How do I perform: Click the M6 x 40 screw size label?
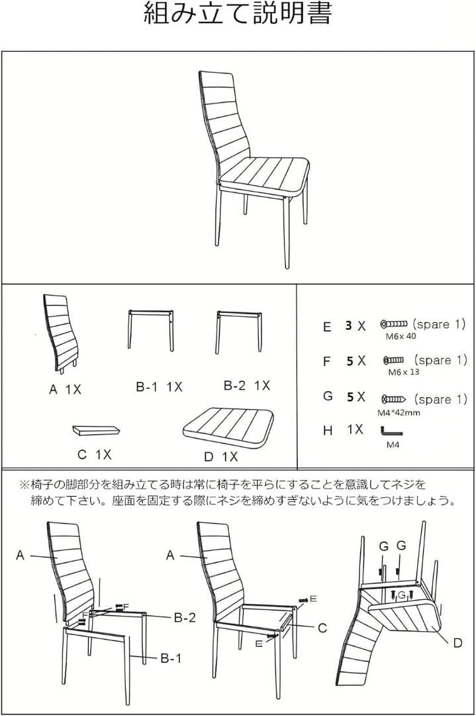[401, 336]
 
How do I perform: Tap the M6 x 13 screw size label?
[403, 372]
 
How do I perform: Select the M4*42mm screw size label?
[399, 412]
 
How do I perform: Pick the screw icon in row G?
[395, 399]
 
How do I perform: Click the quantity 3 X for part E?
[355, 326]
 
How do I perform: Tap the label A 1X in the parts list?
[65, 390]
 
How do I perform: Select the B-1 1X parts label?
[159, 387]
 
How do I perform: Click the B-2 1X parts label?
[246, 385]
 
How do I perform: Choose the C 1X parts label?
[94, 455]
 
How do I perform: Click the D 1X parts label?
[220, 457]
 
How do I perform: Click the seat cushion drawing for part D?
[228, 424]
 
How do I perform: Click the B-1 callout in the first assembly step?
[170, 658]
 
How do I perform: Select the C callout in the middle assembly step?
[322, 627]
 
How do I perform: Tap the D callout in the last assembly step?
[457, 642]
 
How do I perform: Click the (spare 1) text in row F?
[442, 360]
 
